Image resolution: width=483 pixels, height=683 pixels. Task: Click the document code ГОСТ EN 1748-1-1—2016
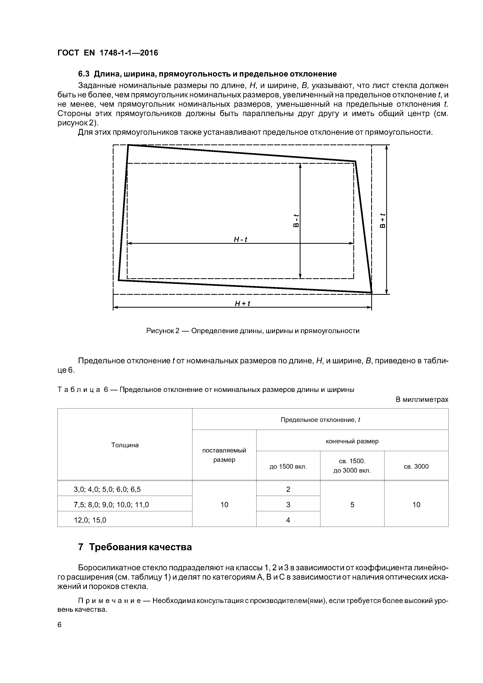(108, 53)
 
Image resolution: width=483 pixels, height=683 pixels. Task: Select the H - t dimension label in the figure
(241, 239)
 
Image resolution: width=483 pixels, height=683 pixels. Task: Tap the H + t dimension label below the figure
(242, 303)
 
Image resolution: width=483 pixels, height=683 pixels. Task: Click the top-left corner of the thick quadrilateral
(128, 145)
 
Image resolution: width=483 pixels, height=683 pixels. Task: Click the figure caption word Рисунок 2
(163, 331)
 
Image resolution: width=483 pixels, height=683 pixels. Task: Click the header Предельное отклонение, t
(320, 420)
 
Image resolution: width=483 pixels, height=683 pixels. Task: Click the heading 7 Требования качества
(135, 547)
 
